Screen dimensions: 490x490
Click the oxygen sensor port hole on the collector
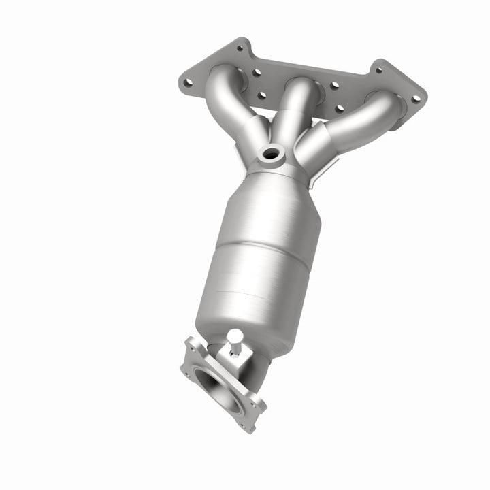coord(271,154)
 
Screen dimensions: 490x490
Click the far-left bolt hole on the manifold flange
coord(188,82)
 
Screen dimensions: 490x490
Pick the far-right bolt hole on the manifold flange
coord(415,98)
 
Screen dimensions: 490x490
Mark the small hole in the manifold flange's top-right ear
coord(379,67)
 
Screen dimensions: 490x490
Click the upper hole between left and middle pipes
coord(257,72)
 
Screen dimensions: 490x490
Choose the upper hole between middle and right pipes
coord(334,86)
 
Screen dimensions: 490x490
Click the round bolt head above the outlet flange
coord(235,335)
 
